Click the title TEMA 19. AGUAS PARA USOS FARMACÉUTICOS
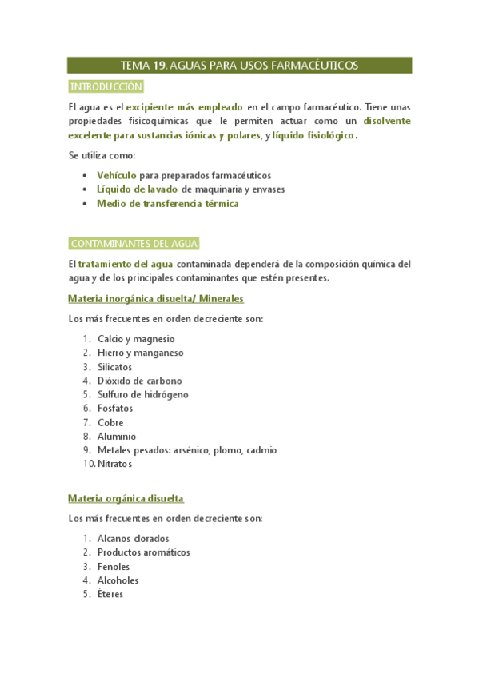(239, 66)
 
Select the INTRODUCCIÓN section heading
(106, 86)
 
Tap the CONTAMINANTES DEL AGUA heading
(134, 244)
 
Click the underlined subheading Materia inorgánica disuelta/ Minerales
(156, 298)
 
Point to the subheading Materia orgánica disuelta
(126, 498)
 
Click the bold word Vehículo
(116, 175)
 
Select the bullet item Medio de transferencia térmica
(167, 204)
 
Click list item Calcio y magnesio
(136, 339)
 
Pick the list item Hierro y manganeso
(141, 353)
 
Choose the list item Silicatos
(115, 367)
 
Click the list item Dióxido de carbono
(140, 381)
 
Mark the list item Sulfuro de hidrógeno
(143, 395)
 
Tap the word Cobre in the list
(111, 423)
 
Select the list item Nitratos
(115, 464)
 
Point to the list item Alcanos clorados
(134, 539)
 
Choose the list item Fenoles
(114, 567)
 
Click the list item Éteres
(110, 595)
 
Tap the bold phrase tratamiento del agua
(125, 264)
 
